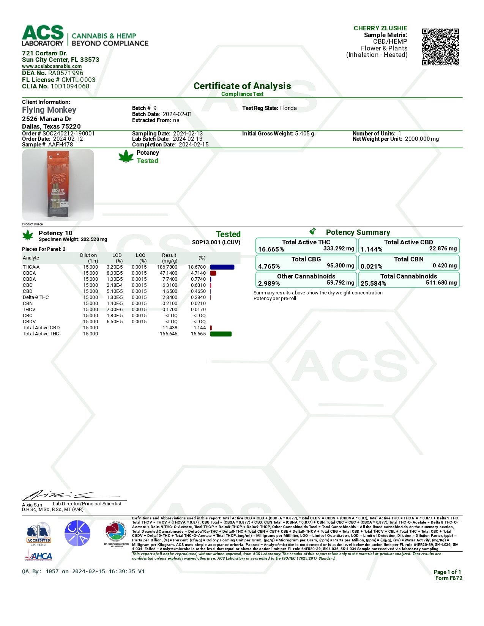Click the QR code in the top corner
tap(440, 47)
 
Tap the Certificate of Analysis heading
tap(242, 86)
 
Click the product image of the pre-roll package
tap(58, 185)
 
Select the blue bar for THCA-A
tap(222, 267)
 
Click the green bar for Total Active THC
tap(221, 334)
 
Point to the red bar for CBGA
tap(213, 273)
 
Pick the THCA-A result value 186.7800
tap(167, 267)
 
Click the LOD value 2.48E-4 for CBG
tap(115, 285)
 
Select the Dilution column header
tap(88, 255)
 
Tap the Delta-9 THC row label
tap(36, 297)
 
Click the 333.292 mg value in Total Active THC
tap(339, 249)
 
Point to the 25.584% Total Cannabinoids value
tap(373, 283)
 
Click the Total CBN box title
tap(408, 259)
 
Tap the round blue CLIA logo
tap(77, 533)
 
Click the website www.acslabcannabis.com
tap(52, 66)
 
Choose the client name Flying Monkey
tap(49, 110)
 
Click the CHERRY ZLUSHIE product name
tap(380, 28)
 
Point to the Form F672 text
tap(449, 578)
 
